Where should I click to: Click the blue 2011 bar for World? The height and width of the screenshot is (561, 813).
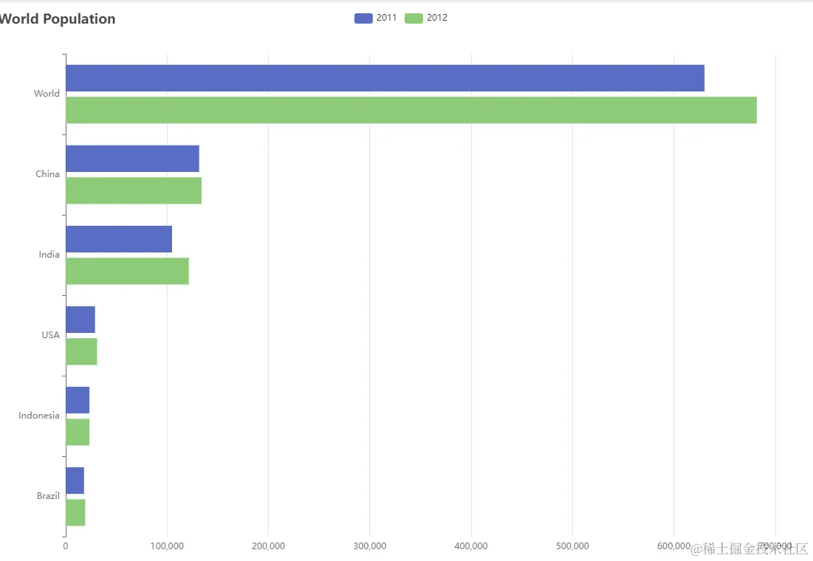[x=385, y=78]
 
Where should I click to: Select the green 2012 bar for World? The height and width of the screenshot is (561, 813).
[x=411, y=110]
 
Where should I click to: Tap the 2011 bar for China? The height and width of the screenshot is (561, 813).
[x=132, y=159]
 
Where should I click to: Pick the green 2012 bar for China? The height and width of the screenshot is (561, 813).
[x=134, y=190]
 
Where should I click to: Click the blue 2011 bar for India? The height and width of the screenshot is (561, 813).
[x=119, y=239]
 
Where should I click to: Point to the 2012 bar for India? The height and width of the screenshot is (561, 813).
[x=127, y=271]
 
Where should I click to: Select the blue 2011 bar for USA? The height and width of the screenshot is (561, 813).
[x=80, y=320]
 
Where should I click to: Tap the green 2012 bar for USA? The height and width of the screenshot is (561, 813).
[x=81, y=351]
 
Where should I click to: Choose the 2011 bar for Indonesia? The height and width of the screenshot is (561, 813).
[x=78, y=400]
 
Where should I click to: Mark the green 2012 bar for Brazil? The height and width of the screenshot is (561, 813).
[x=75, y=512]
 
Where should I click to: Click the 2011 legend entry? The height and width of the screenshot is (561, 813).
[x=376, y=18]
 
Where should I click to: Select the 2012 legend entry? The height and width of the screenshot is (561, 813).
[x=426, y=18]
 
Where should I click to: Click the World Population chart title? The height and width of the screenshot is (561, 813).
[x=58, y=19]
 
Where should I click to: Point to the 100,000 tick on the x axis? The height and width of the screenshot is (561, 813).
[x=167, y=546]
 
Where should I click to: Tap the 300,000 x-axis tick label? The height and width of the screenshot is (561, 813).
[x=370, y=546]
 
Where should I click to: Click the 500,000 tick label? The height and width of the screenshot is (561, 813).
[x=572, y=546]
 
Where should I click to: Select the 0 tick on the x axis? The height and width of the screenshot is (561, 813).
[x=66, y=546]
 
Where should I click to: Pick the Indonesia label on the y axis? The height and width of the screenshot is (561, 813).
[x=39, y=416]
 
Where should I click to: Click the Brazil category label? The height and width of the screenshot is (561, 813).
[x=48, y=496]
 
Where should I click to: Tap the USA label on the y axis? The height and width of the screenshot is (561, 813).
[x=50, y=335]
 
